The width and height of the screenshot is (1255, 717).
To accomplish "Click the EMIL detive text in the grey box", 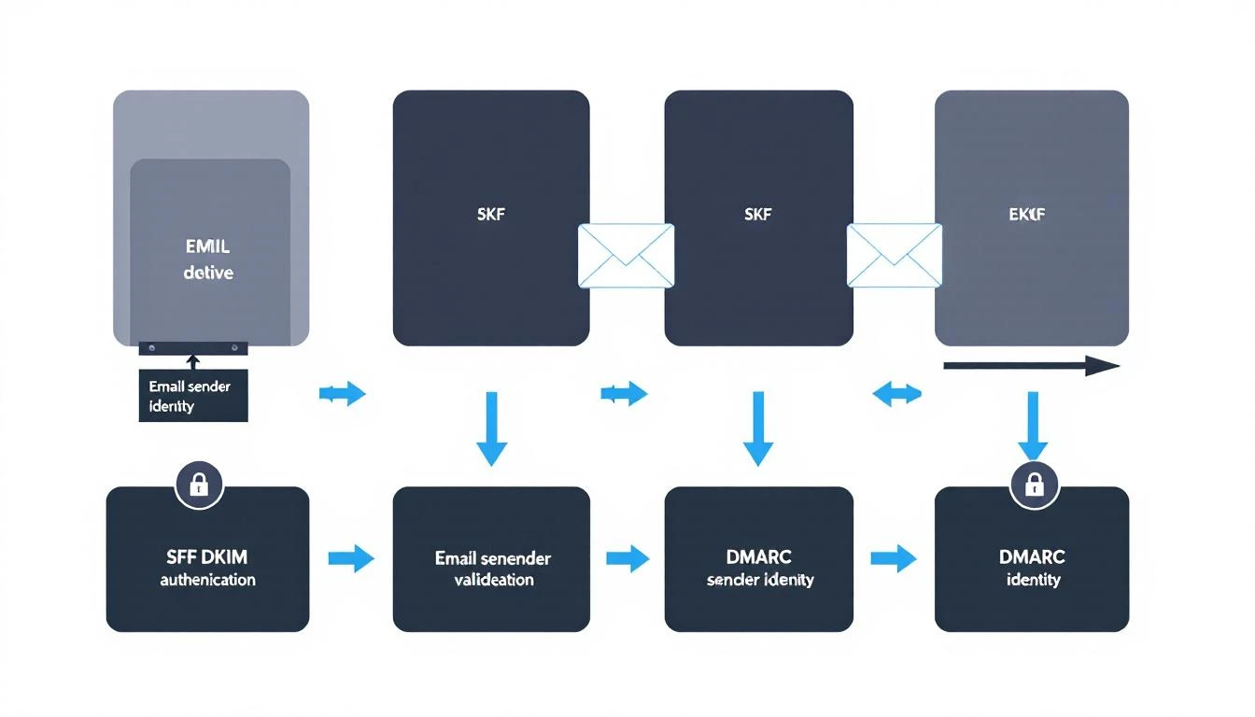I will pos(208,260).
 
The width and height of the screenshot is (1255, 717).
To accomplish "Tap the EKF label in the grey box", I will pos(1028,215).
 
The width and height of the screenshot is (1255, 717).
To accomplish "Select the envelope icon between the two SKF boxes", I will pos(626,255).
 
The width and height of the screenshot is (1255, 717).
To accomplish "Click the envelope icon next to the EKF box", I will pos(894,255).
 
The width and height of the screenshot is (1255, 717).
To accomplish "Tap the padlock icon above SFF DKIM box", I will pos(198,484).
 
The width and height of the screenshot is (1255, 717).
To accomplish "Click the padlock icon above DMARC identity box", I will pos(1034,484).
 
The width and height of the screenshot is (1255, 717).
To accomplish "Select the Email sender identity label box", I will pos(193,396).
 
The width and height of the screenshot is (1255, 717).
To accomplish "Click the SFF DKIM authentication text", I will pos(207,568).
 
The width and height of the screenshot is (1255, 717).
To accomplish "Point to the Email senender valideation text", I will pos(492,569).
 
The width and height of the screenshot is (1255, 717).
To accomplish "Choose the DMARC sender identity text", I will pos(759,568).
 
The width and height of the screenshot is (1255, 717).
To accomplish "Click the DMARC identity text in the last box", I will pos(1033,568).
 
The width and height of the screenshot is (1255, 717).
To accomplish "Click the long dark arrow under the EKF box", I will pos(1031,366).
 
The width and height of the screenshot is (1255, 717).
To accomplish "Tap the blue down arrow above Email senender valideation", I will pos(492,429).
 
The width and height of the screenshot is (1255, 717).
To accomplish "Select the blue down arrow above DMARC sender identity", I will pos(758,429).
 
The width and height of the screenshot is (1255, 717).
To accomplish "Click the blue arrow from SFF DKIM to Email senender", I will pos(351,559).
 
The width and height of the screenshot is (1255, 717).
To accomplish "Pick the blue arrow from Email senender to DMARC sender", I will pos(627,559).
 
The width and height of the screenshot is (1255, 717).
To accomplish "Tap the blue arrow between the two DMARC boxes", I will pos(894,559).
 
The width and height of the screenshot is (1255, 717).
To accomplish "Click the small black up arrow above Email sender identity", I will pos(193,361).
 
